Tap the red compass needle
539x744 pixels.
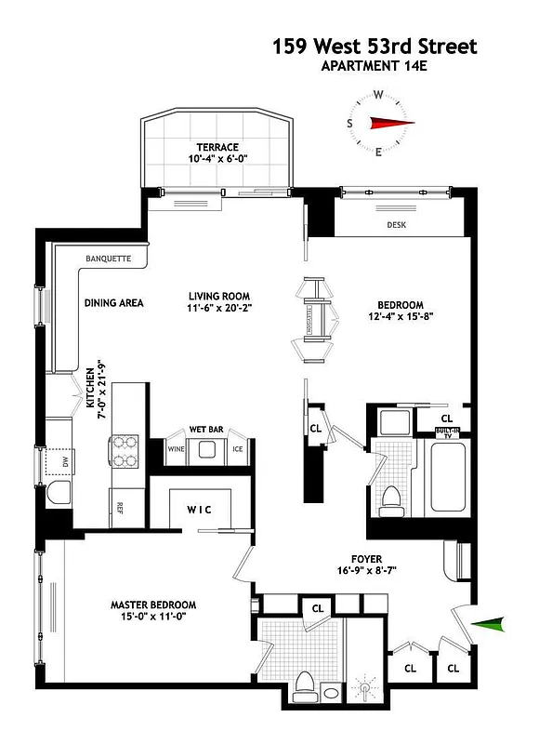[390, 123]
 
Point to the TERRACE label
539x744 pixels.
[217, 147]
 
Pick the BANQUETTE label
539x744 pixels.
[108, 259]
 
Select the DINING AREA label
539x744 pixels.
[113, 302]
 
